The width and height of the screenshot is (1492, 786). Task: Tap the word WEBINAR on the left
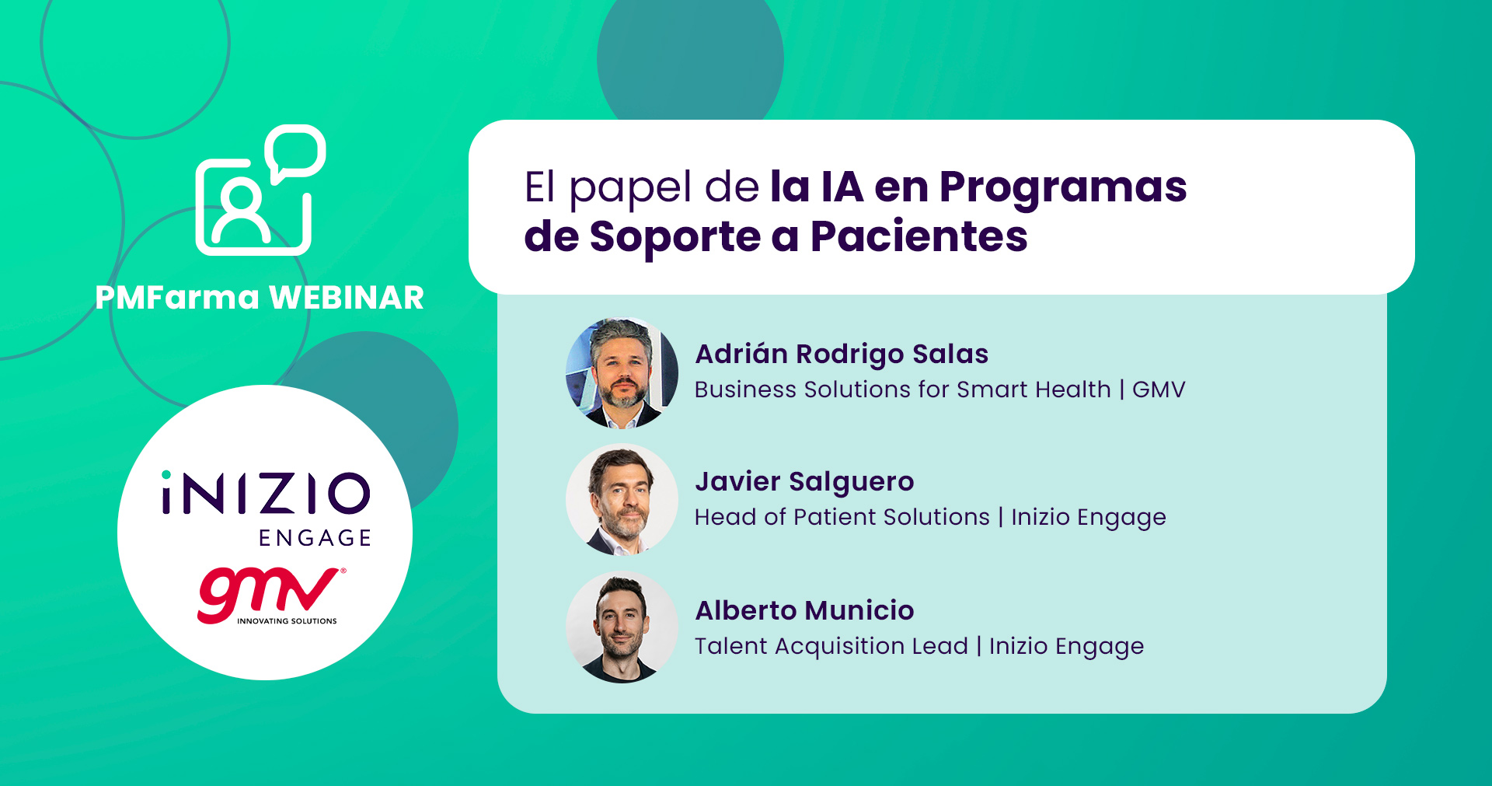pos(347,298)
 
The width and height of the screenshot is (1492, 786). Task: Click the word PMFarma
pos(177,298)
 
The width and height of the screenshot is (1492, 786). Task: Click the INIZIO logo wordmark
pos(266,493)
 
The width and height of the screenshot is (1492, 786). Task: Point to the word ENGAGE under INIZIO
pos(315,538)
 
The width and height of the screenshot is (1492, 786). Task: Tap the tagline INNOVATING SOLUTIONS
pos(287,621)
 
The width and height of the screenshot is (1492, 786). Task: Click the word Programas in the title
pos(1063,189)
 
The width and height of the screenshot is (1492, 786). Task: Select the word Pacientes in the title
pos(919,236)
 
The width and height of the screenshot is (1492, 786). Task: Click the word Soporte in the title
pos(675,238)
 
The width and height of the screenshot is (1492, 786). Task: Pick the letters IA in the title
pos(842,187)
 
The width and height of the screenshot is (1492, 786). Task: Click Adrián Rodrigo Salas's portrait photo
pos(622,373)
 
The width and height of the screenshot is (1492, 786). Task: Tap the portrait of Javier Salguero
pos(622,500)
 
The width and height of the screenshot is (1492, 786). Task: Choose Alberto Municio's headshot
pos(622,627)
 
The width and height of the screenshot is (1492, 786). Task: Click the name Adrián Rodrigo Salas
pos(842,355)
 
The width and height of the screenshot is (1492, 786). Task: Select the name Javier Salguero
pos(804,482)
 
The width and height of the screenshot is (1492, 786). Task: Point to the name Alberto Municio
pos(804,610)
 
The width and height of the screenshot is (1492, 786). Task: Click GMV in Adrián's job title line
pos(1159,390)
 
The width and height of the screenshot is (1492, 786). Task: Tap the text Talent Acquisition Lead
pos(831,647)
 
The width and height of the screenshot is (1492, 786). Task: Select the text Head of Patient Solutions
pos(842,517)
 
